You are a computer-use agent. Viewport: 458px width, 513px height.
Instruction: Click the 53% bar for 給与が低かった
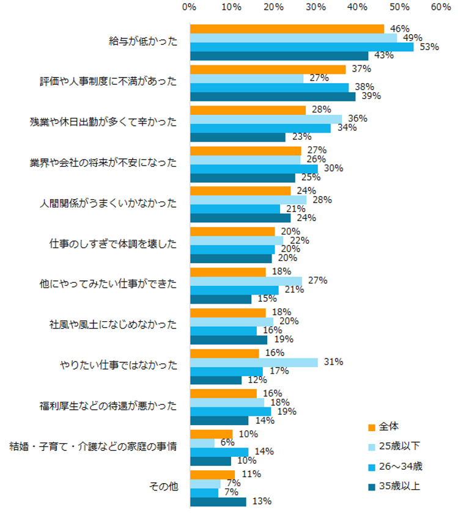[x=301, y=47]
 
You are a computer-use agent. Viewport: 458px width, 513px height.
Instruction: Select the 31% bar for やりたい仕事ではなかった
[x=254, y=362]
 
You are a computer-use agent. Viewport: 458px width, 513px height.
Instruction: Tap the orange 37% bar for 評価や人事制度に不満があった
[x=268, y=70]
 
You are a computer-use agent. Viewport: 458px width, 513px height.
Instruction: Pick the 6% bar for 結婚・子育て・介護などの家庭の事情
[x=202, y=443]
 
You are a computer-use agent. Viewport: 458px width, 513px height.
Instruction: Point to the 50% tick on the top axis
[x=399, y=8]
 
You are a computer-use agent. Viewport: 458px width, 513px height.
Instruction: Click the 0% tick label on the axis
[x=190, y=8]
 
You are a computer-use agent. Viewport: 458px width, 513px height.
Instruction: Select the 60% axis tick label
[x=441, y=8]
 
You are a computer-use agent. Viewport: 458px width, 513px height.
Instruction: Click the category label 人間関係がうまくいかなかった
[x=117, y=203]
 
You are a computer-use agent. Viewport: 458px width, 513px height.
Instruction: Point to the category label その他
[x=163, y=487]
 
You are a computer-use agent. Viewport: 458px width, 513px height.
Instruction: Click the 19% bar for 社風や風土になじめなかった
[x=229, y=340]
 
